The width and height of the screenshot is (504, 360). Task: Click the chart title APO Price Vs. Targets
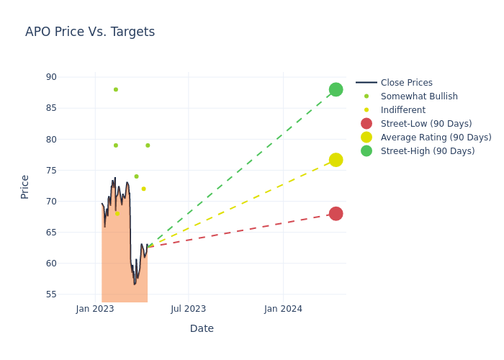tap(90, 32)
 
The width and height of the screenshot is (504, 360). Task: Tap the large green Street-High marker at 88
tap(336, 89)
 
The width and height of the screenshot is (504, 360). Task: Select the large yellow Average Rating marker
tap(336, 160)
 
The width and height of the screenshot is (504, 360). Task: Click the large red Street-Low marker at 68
tap(336, 214)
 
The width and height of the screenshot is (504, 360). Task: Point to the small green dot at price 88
tap(115, 89)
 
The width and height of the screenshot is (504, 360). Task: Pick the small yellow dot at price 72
tap(143, 189)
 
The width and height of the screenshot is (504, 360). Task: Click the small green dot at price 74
tap(136, 176)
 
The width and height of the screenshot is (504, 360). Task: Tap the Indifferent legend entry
tap(402, 110)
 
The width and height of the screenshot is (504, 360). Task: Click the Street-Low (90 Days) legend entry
tap(426, 124)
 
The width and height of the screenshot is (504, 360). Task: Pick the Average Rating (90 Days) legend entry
tap(436, 138)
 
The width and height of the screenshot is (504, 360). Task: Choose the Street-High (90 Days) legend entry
tap(428, 151)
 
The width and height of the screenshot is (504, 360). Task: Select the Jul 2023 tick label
tap(189, 309)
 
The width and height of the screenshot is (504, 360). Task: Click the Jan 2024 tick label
tap(283, 309)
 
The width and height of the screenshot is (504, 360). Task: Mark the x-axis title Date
tap(202, 328)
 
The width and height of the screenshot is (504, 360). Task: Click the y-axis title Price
tap(25, 186)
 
